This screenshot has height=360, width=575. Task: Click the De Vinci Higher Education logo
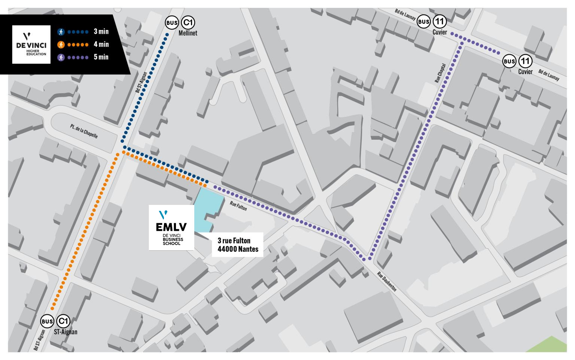pos(31,44)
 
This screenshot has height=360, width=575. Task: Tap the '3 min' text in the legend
pos(101,31)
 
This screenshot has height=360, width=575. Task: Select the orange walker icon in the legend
pos(61,45)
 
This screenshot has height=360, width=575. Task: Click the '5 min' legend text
pos(101,57)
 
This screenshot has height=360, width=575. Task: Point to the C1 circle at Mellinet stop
pos(188,22)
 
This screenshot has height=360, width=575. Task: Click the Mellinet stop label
pos(188,33)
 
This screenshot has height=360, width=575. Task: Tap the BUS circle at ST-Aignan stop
pos(47,321)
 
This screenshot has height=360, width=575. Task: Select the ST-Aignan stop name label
pos(66,332)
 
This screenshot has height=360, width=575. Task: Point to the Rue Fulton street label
pos(238,206)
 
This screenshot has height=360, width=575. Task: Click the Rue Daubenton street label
pos(387,281)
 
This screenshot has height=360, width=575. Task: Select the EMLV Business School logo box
pos(171,227)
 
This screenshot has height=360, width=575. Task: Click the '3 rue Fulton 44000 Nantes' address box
pos(238,245)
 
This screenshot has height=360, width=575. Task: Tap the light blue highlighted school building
pos(206,210)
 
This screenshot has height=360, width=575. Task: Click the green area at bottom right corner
pos(550,345)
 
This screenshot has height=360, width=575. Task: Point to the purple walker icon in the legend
pos(61,57)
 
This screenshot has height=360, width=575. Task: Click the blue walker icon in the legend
pos(61,32)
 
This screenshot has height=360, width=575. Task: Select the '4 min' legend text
pos(101,44)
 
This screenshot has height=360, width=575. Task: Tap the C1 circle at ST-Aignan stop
pos(63,321)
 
